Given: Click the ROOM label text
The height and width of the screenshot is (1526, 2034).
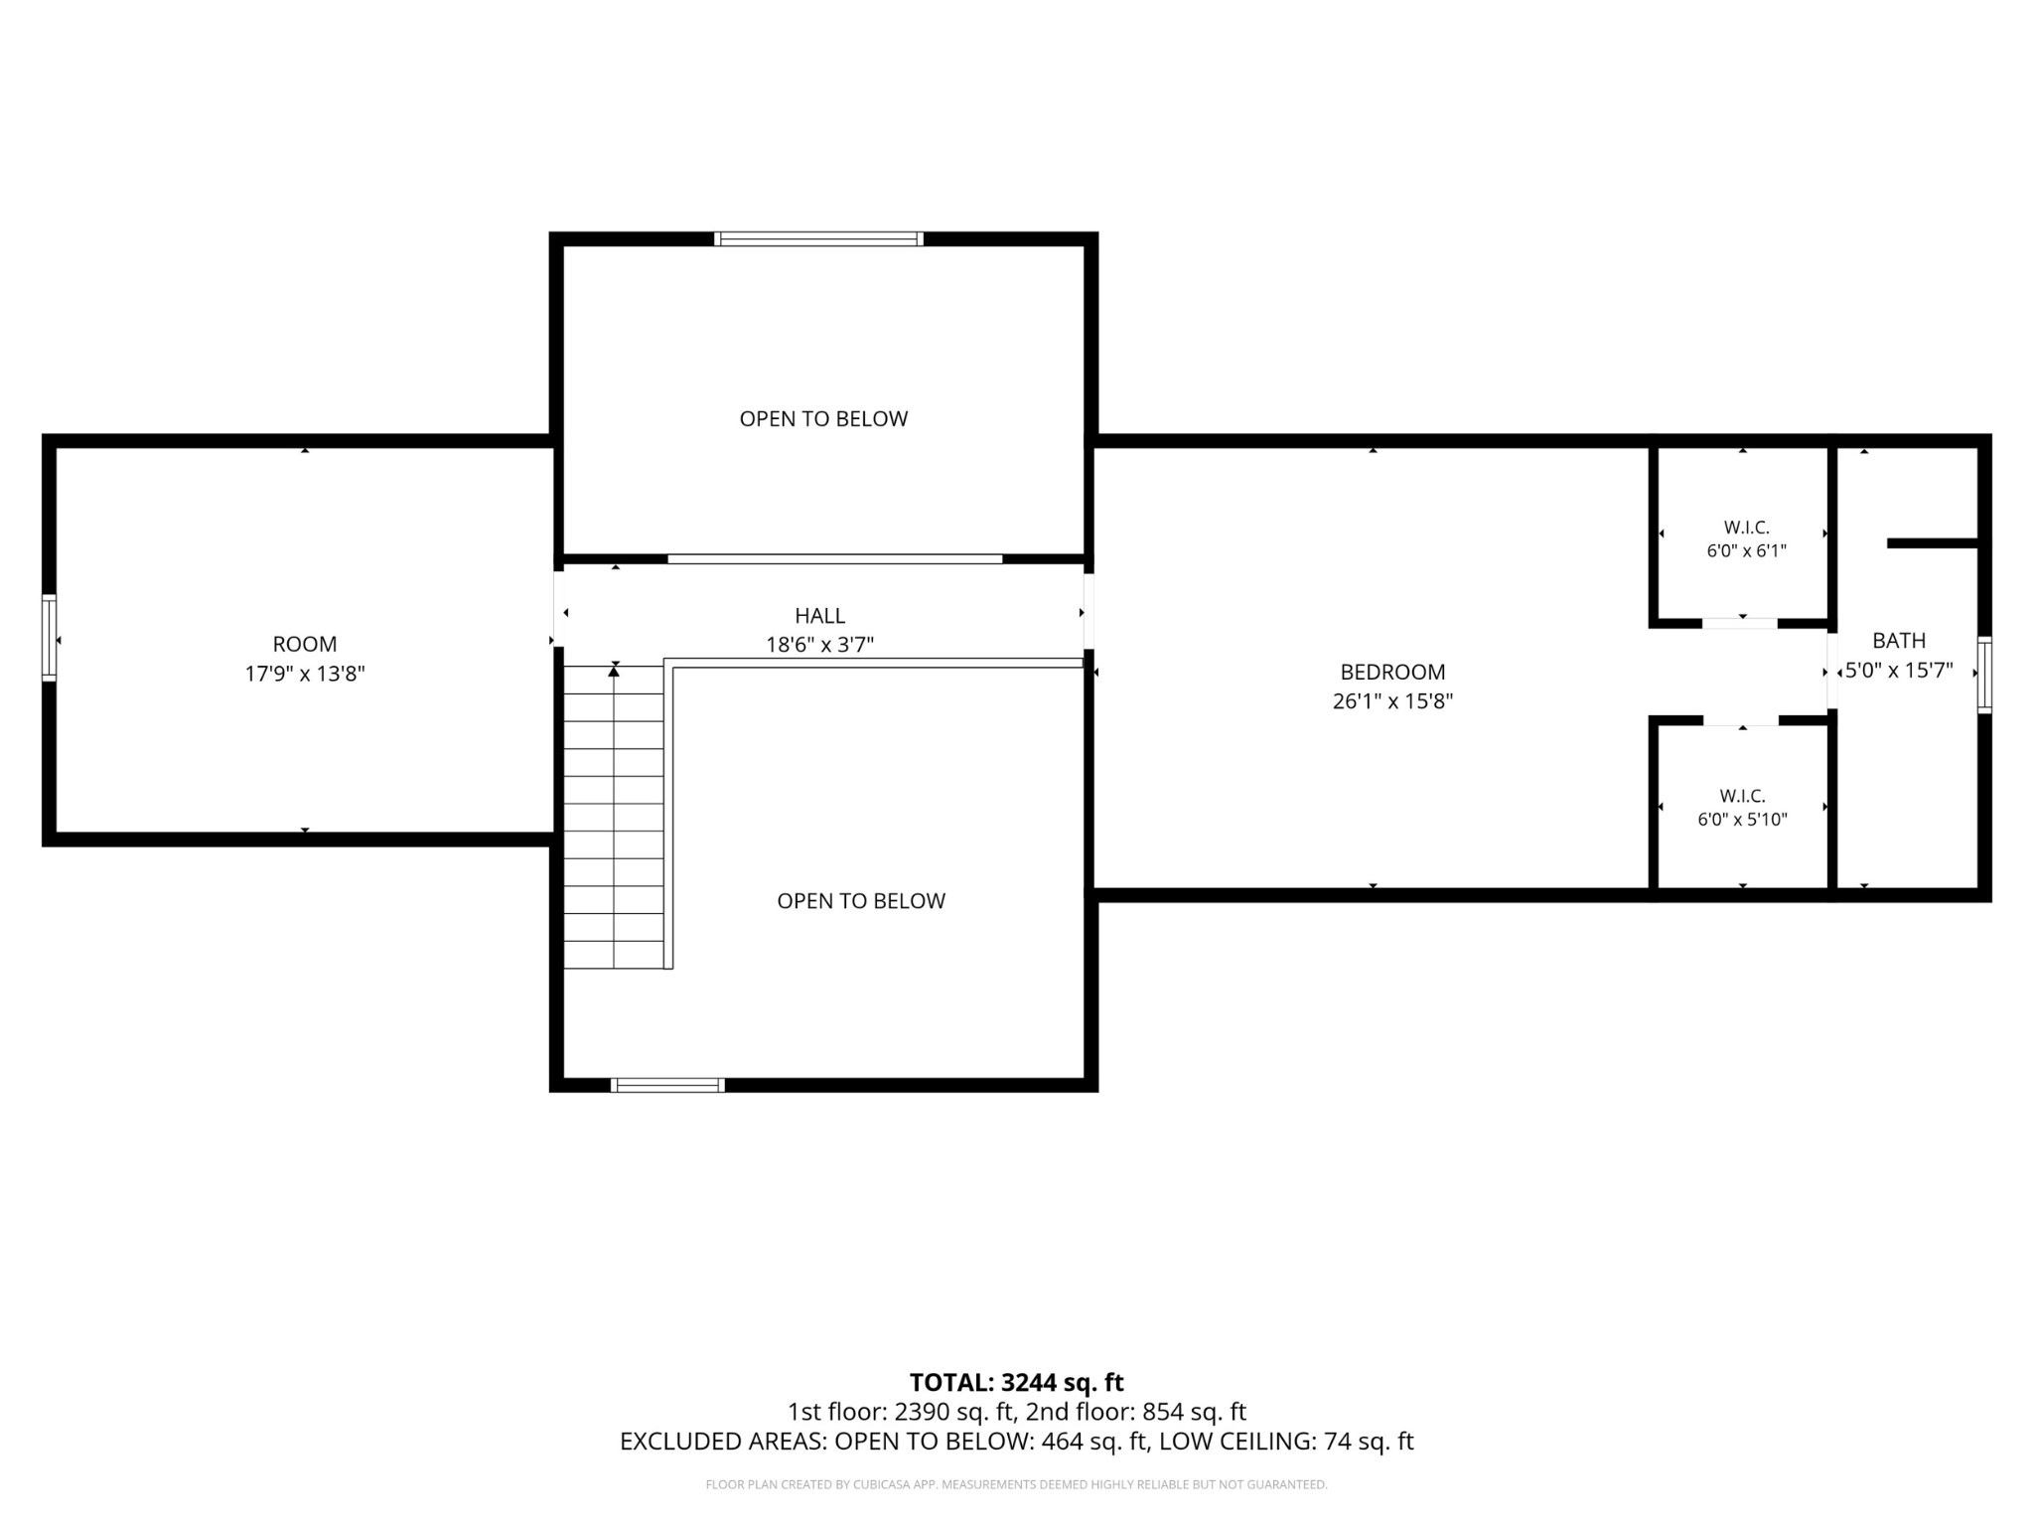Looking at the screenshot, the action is tap(305, 644).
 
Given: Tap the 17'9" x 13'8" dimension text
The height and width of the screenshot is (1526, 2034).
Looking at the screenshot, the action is tap(305, 674).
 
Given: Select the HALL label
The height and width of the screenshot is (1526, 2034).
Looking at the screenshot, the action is tap(819, 616).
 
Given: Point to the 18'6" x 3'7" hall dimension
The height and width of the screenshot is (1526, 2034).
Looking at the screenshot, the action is tap(819, 645).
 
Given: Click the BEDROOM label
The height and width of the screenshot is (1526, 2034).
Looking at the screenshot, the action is tap(1392, 672).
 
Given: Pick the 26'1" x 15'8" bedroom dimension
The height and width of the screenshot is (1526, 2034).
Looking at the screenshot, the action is tap(1392, 701).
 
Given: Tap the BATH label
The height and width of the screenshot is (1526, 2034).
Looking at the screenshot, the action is tap(1899, 641).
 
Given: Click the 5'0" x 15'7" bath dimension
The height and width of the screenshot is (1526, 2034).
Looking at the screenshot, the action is tap(1899, 671).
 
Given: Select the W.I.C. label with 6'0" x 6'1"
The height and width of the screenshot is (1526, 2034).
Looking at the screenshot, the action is tap(1746, 528).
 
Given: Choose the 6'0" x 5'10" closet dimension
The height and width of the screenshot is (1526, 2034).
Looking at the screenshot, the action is tap(1742, 820).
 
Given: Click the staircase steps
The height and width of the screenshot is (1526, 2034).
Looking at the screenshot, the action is tap(614, 817).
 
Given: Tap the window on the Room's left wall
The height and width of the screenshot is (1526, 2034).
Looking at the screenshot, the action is tap(49, 638).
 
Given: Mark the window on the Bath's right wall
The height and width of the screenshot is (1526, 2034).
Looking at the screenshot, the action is tap(1984, 675).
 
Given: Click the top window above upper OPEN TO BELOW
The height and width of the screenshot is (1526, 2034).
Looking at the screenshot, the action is tap(819, 238).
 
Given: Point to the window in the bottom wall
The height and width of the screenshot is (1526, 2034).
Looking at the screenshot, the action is tap(667, 1085).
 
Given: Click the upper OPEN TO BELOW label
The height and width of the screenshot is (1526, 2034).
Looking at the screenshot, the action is tap(823, 419).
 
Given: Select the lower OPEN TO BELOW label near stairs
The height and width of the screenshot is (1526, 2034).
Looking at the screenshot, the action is tap(861, 901).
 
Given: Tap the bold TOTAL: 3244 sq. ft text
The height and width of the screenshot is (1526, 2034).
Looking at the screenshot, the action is tap(1016, 1382).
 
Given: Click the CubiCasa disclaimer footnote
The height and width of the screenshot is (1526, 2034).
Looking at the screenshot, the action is tap(1016, 1484).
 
